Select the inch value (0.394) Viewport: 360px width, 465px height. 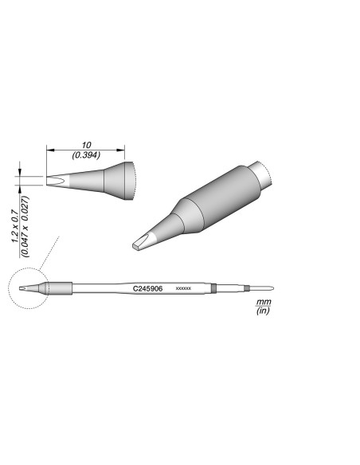coord(86,155)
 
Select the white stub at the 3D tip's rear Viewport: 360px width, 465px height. coord(262,173)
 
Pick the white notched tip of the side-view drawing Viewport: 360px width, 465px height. coord(57,179)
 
